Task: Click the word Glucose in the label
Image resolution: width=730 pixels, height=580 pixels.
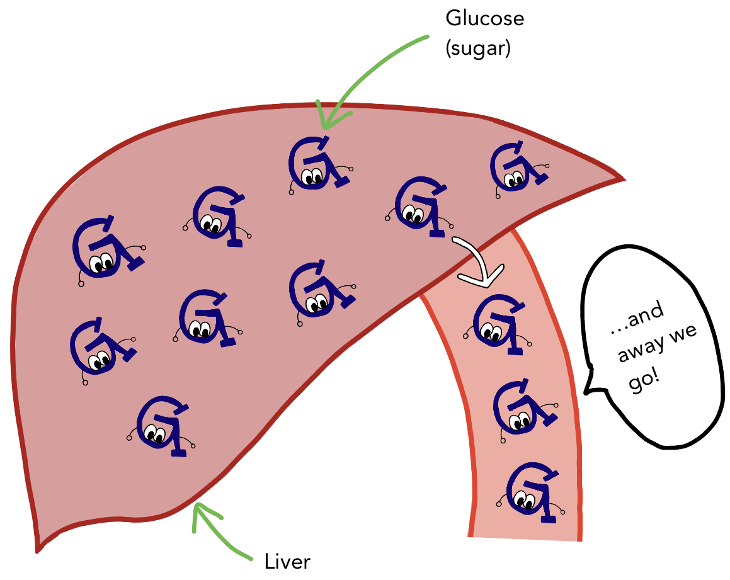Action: tap(484, 20)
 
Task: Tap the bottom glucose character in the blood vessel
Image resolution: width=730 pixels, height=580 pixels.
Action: tap(533, 492)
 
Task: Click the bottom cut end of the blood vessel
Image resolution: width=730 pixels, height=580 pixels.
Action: tap(524, 537)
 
